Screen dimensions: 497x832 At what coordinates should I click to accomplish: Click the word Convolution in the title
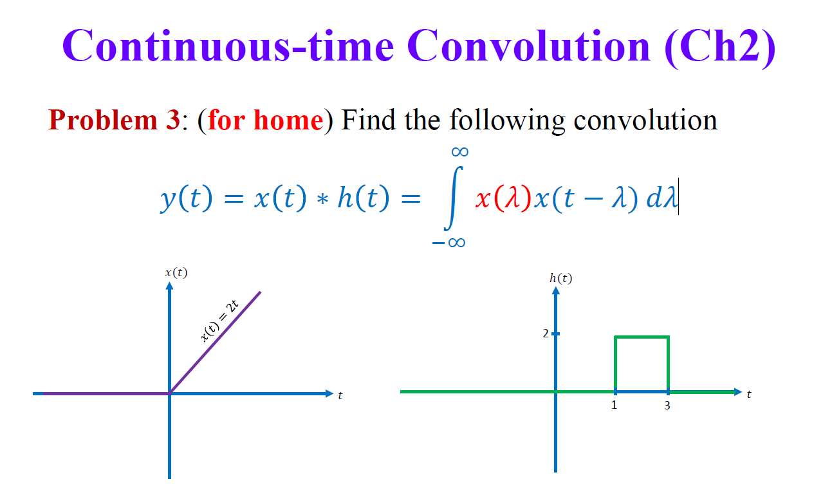(x=529, y=46)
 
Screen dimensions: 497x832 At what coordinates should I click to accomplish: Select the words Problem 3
(x=114, y=120)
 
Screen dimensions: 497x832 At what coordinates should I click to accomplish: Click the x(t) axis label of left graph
(x=176, y=272)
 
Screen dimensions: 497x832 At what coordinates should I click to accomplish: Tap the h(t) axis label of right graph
(x=560, y=278)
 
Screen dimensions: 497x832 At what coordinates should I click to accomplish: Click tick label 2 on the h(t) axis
(x=545, y=333)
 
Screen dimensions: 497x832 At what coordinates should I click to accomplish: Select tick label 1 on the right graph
(x=614, y=406)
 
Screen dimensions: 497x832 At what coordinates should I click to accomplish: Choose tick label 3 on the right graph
(x=667, y=406)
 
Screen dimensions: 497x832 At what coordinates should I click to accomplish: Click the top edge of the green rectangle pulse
(x=642, y=337)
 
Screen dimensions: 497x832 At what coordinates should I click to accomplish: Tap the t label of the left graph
(x=340, y=395)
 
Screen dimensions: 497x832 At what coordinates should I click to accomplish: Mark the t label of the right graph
(x=749, y=394)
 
